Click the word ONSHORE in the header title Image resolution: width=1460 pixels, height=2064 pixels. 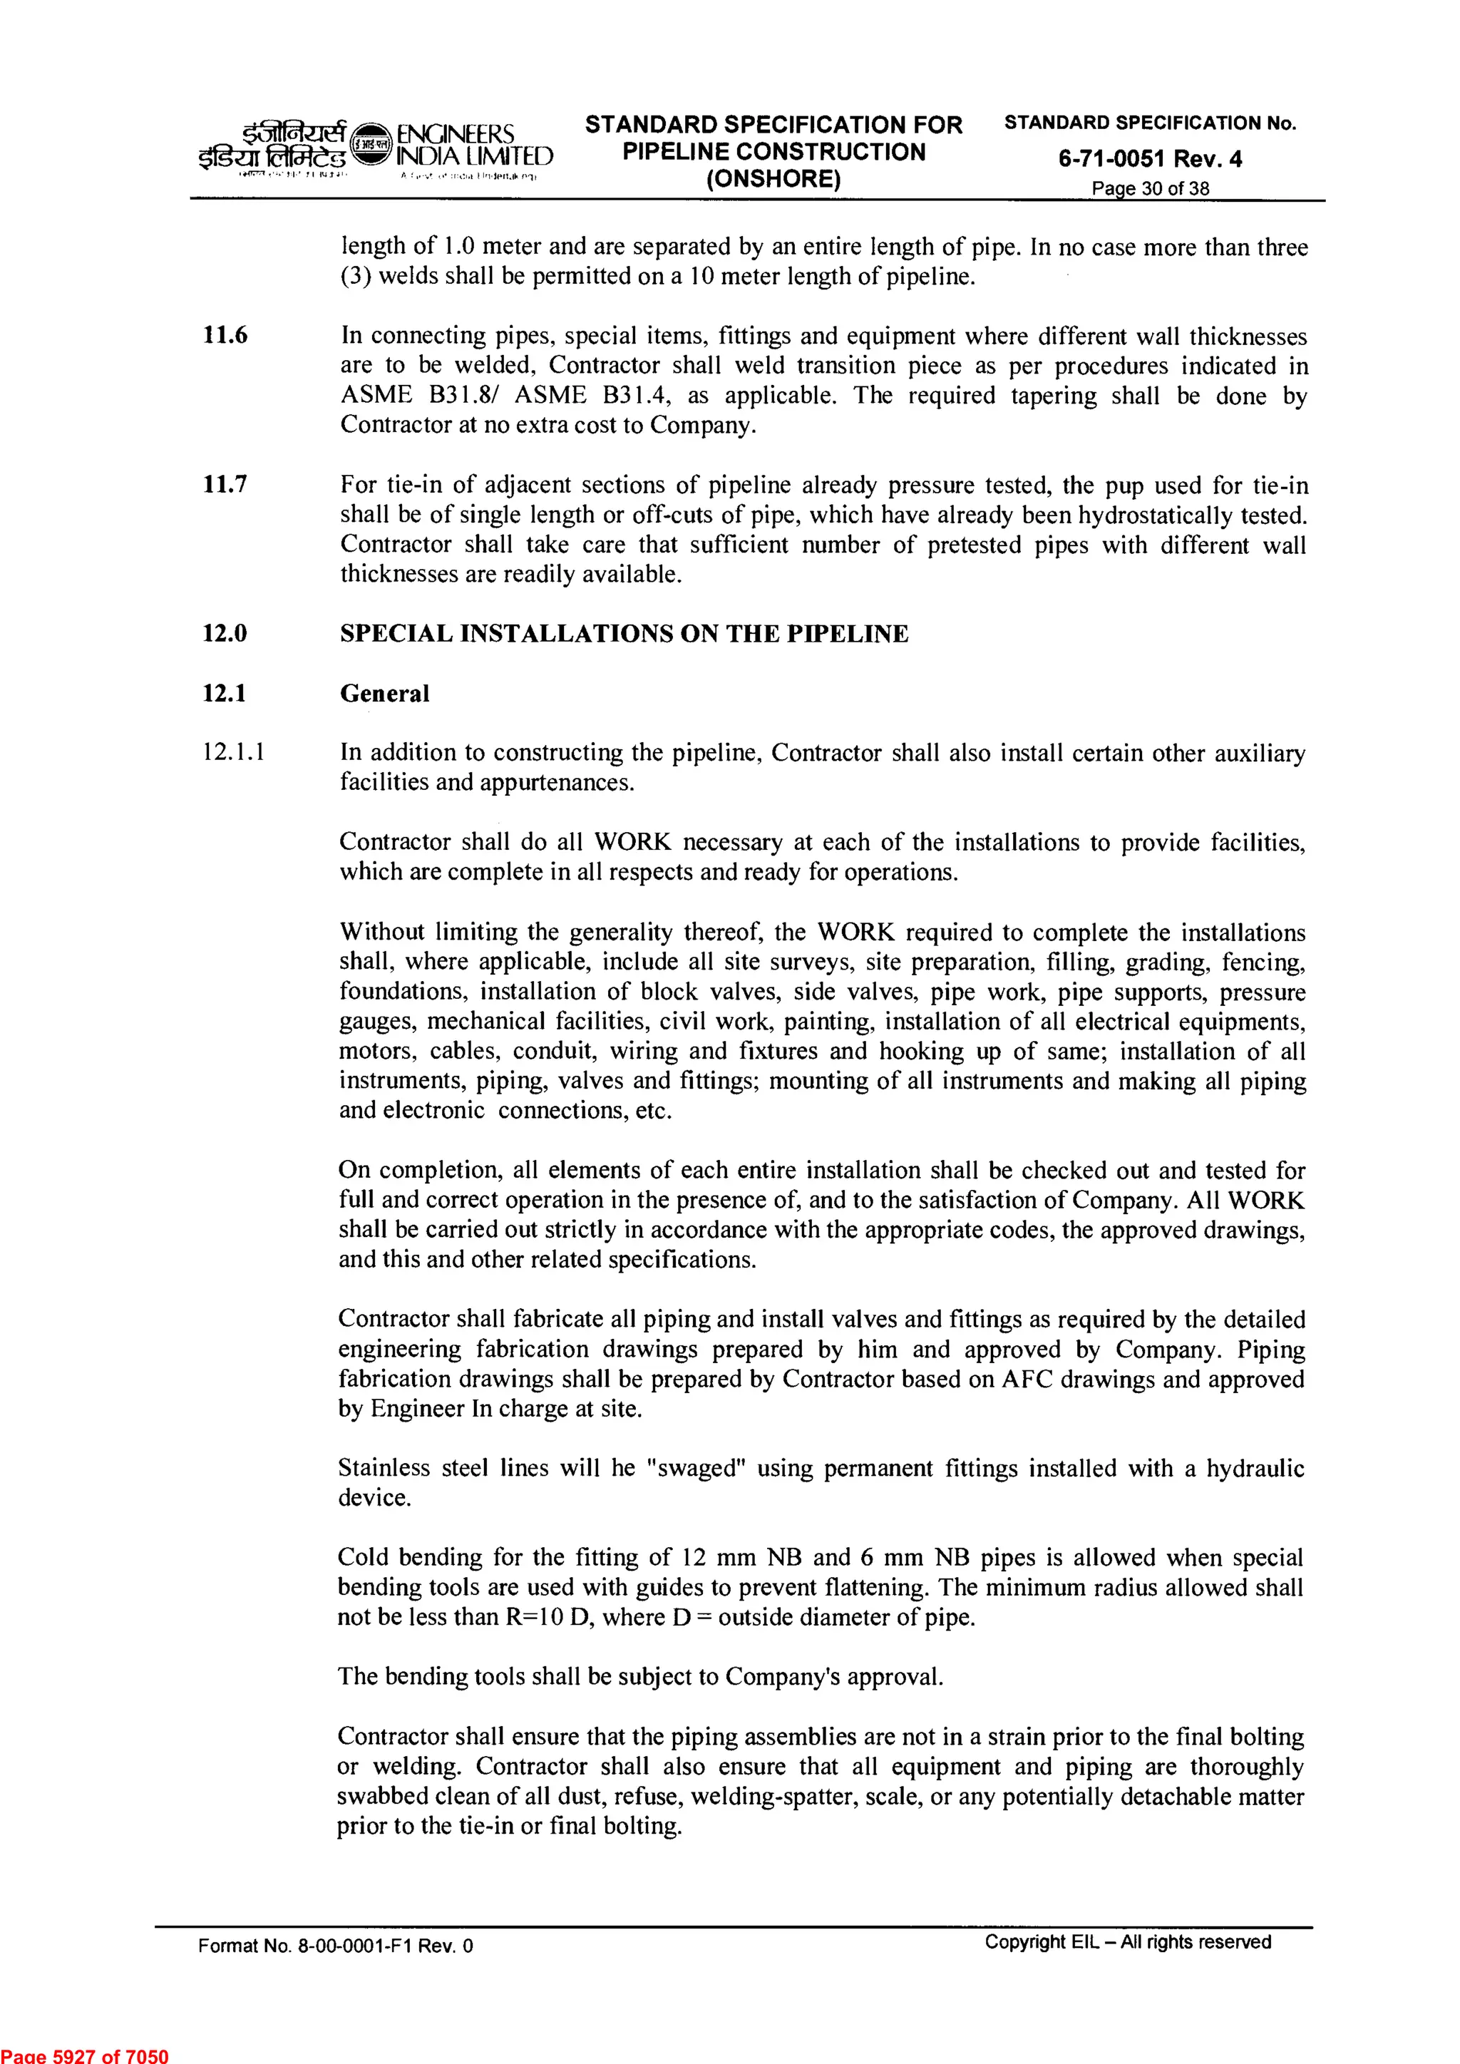point(773,179)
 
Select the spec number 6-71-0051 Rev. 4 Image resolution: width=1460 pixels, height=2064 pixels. point(1150,159)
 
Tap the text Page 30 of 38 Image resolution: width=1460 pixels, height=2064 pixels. point(1150,189)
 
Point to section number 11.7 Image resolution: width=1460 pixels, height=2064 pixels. point(225,486)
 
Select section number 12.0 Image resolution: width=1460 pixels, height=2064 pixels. point(225,634)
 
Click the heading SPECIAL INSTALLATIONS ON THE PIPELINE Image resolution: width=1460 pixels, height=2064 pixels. point(624,634)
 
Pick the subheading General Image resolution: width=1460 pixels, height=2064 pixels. point(385,693)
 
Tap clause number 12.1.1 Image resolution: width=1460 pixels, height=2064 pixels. point(234,752)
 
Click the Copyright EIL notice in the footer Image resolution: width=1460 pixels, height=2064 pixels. point(1127,1942)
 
